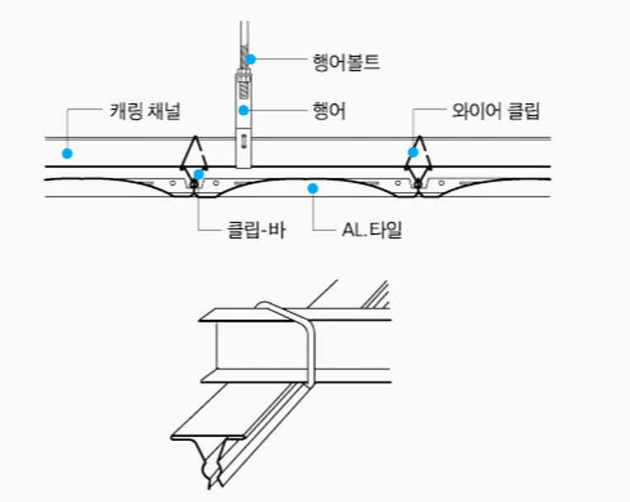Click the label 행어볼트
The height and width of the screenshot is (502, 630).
click(346, 61)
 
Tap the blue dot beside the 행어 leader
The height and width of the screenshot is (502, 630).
click(244, 110)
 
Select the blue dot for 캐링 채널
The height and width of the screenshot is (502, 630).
click(68, 153)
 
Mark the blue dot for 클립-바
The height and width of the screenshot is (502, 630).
click(199, 174)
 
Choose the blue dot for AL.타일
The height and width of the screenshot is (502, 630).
click(313, 189)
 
